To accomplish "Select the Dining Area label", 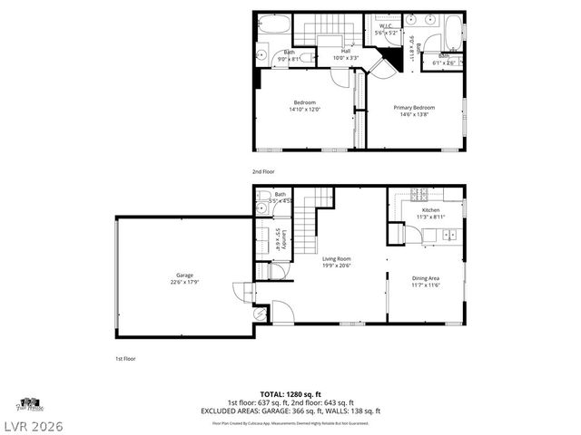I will [x=426, y=277].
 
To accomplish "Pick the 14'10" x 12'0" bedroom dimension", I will [x=304, y=109].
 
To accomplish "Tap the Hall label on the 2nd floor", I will [x=346, y=51].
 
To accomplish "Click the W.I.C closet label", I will [x=384, y=26].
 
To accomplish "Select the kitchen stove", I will [x=419, y=193].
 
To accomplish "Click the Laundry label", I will [x=284, y=240].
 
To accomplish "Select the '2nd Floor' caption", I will [x=263, y=171].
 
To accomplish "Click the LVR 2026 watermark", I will [x=33, y=423].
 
